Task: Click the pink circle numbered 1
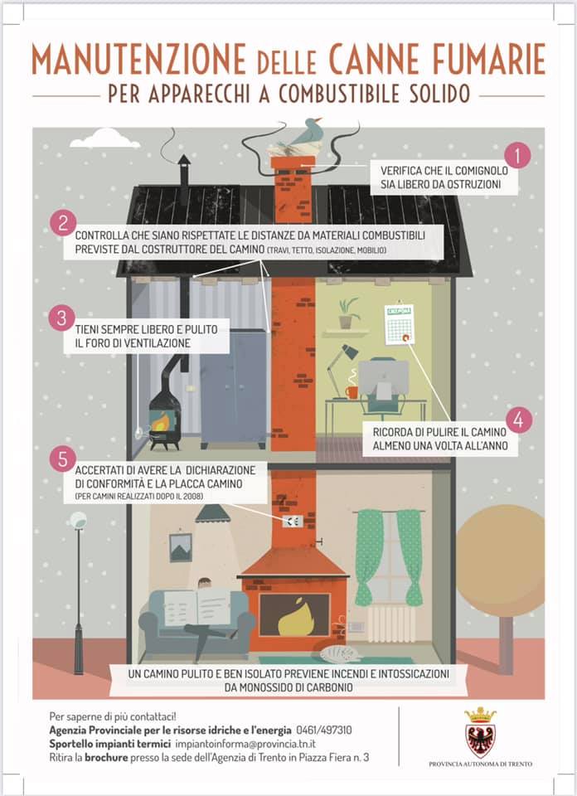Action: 517,155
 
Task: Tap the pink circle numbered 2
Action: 63,223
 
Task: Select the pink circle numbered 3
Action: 62,318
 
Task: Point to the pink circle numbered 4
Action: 519,420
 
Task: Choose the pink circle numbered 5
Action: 63,459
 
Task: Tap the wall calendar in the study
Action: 400,324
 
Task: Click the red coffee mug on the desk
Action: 352,392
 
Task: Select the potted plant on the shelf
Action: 347,313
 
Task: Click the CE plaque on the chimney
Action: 293,521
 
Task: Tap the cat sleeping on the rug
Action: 338,654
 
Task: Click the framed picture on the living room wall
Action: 180,547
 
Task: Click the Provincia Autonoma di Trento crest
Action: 480,732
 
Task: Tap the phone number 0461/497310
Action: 324,730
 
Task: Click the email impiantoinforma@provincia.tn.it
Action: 245,744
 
